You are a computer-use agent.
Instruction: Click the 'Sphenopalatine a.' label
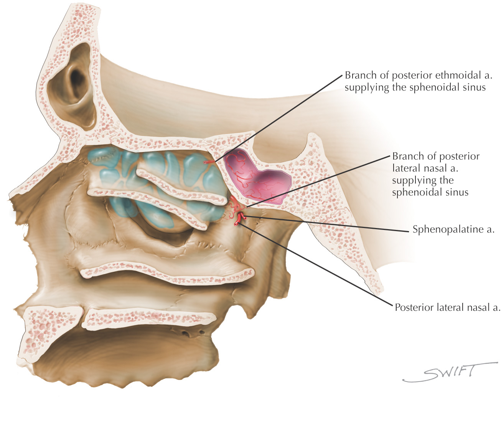(453, 230)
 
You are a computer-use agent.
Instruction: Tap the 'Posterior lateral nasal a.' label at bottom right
(447, 307)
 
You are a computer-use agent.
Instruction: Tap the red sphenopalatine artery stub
(239, 219)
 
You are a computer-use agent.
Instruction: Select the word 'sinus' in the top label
(472, 88)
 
